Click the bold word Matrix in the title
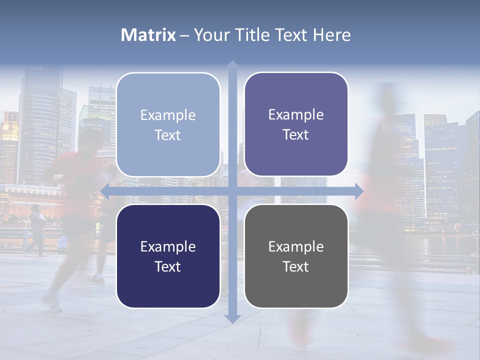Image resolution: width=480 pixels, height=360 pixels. pos(148,35)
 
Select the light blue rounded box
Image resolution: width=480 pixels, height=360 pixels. pos(168,124)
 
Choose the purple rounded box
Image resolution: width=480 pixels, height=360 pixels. pos(296,124)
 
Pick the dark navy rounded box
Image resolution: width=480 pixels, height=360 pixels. pos(168,256)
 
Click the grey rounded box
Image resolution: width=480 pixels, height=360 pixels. pos(296,256)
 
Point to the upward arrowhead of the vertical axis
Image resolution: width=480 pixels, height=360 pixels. pos(232,65)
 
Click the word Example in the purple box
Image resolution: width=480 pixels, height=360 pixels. pos(296,115)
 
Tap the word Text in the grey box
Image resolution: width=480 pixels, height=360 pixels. pos(296,266)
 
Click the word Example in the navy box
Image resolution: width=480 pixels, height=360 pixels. pos(168,246)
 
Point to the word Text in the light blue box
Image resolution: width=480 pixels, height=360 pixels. pos(168,135)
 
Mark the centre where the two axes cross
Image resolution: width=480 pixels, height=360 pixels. pos(232,190)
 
